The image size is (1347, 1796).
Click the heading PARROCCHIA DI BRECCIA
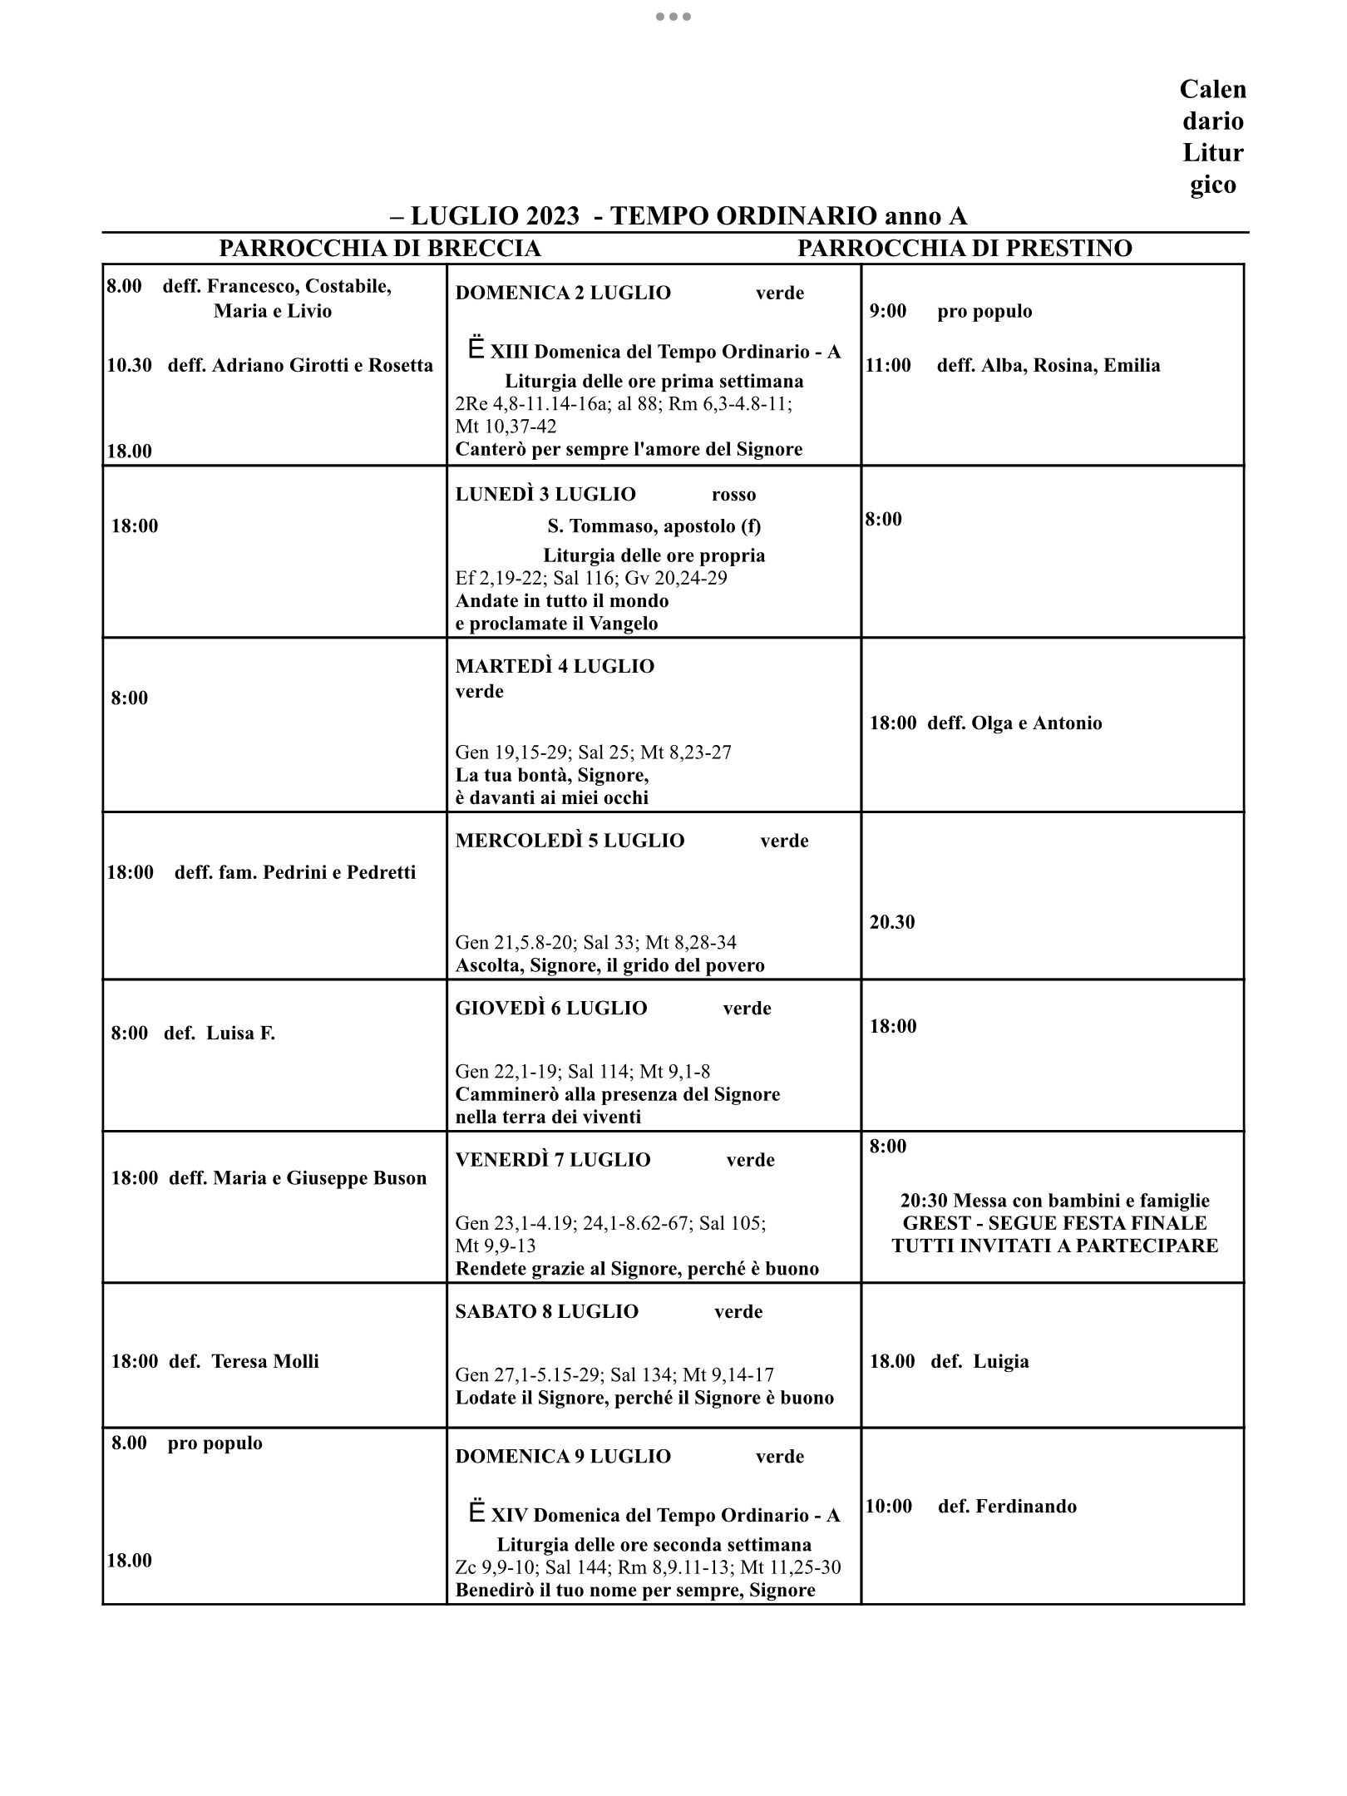pyautogui.click(x=379, y=249)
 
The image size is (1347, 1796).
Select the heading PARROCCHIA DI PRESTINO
pyautogui.click(x=965, y=249)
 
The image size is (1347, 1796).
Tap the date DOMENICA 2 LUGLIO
pyautogui.click(x=563, y=293)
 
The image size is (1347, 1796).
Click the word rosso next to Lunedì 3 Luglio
pyautogui.click(x=733, y=495)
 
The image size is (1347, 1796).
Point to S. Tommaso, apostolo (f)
pyautogui.click(x=654, y=525)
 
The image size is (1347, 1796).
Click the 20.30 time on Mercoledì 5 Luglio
pyautogui.click(x=892, y=922)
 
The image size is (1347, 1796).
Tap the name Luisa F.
pyautogui.click(x=240, y=1034)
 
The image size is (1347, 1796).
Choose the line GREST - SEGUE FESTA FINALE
pyautogui.click(x=1054, y=1223)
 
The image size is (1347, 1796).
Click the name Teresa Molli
pyautogui.click(x=265, y=1361)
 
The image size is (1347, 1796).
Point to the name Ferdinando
pyautogui.click(x=1025, y=1506)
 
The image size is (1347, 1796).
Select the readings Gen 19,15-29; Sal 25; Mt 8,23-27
pyautogui.click(x=593, y=752)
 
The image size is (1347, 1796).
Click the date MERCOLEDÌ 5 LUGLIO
pyautogui.click(x=570, y=841)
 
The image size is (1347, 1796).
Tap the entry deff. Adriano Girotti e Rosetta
pyautogui.click(x=300, y=365)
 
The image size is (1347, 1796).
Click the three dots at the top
pyautogui.click(x=673, y=17)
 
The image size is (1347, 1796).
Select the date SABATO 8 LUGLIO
pyautogui.click(x=546, y=1311)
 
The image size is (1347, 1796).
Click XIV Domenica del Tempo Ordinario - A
pyautogui.click(x=665, y=1515)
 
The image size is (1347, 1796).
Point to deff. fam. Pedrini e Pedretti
pyautogui.click(x=294, y=872)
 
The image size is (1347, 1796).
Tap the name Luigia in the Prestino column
pyautogui.click(x=1001, y=1361)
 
